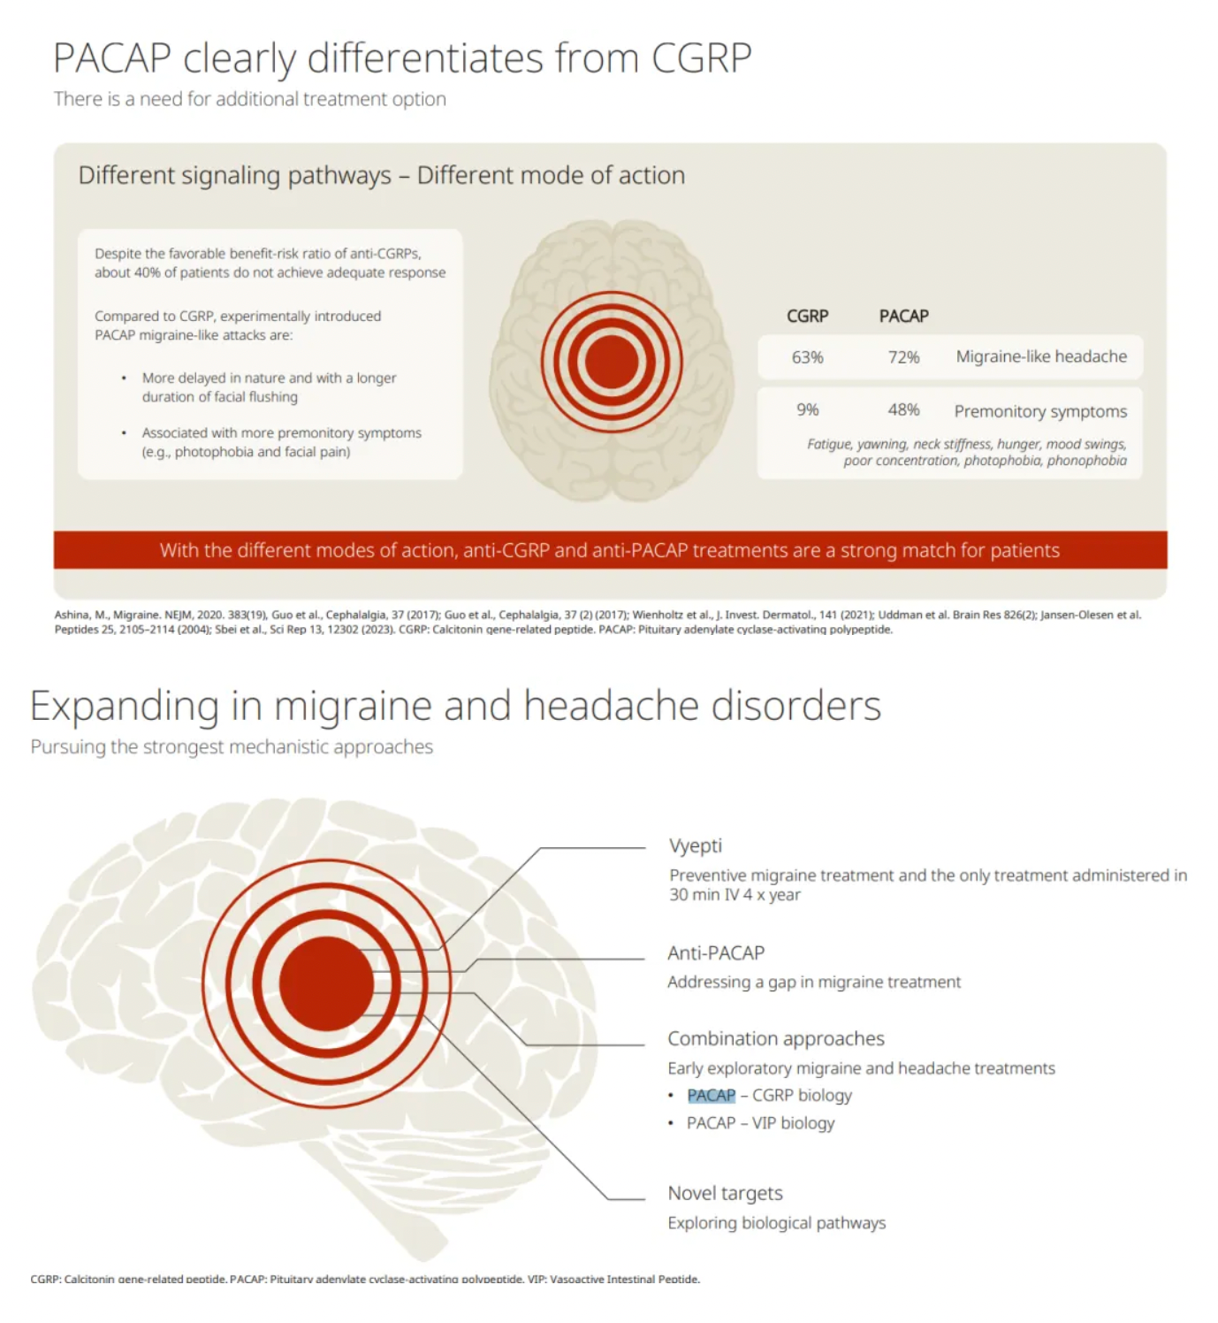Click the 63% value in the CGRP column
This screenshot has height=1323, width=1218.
coord(807,357)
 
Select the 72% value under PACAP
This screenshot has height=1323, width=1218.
coord(902,357)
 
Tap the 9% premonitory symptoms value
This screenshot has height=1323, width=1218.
coord(807,409)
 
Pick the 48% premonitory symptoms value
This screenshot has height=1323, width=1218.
coord(902,409)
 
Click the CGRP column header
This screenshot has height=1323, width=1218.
coord(807,316)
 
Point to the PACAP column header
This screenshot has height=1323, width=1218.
coord(903,316)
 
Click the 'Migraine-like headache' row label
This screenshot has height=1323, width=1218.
coord(1041,356)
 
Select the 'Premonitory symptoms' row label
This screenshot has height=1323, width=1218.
coord(1040,411)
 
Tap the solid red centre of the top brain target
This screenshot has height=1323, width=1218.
coord(612,362)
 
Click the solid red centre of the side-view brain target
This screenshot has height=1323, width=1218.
coord(326,983)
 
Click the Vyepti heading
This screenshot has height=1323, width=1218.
coord(695,846)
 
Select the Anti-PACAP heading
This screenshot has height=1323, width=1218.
coord(716,953)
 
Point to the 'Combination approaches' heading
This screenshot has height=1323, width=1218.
coord(775,1039)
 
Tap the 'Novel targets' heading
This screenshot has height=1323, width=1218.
coord(725,1193)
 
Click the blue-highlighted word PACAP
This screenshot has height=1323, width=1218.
coord(711,1096)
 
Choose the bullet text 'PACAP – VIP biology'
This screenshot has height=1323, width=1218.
coord(760,1123)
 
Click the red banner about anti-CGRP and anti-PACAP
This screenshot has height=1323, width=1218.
coord(610,550)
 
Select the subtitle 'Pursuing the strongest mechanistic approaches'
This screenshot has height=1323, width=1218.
coord(232,747)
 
